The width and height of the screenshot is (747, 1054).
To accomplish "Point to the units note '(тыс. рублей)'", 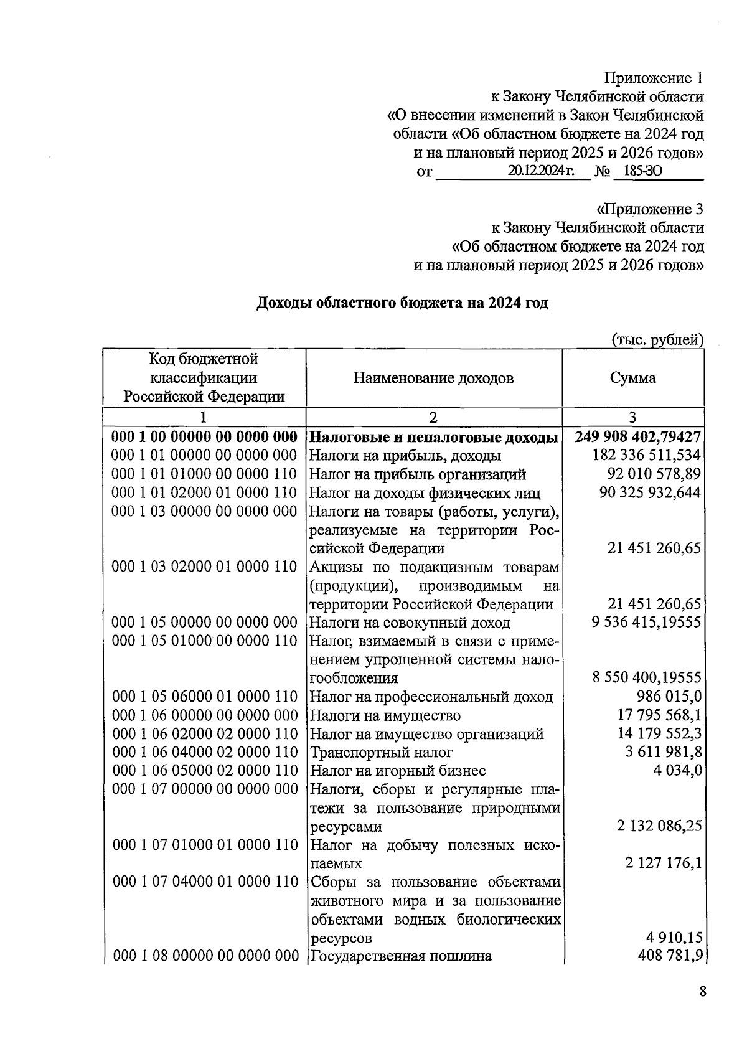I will (658, 339).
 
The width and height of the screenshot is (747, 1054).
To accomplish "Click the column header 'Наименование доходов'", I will (433, 378).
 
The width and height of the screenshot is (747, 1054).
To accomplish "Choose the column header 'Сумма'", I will (632, 378).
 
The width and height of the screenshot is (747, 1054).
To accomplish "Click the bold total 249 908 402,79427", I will (638, 437).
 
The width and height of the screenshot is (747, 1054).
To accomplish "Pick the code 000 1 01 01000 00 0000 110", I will (205, 474).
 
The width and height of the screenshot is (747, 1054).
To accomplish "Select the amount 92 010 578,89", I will (654, 474).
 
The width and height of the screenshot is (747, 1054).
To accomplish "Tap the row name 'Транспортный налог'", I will (381, 753).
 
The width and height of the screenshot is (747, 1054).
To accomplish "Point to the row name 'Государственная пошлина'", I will (400, 956).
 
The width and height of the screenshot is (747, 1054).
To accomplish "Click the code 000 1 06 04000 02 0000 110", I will (205, 753).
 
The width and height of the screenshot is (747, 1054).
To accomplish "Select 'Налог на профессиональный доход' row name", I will (431, 697).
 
